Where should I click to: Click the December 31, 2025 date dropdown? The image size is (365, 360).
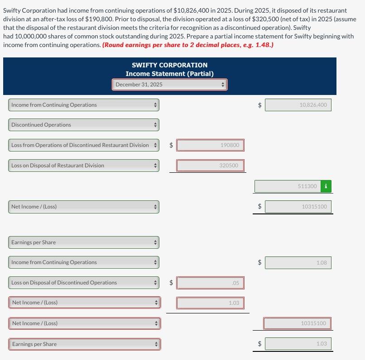point(169,85)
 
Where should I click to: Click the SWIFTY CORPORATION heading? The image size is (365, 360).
point(169,65)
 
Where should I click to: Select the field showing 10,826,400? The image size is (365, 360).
point(298,105)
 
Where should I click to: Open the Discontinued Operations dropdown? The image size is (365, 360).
point(84,125)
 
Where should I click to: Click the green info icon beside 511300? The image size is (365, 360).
point(326,186)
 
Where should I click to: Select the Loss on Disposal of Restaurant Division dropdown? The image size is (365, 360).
point(84,166)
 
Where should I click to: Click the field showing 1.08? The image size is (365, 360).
point(298,262)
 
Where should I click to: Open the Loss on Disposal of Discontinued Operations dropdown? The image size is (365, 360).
point(84,283)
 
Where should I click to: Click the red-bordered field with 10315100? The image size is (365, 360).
point(298,323)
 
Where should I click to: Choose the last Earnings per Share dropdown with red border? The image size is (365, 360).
point(84,344)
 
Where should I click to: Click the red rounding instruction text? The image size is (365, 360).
point(188,45)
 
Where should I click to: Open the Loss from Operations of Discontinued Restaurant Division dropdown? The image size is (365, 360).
point(84,145)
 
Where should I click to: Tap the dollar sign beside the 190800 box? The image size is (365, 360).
point(171,145)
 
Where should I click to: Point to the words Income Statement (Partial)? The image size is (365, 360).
point(169,74)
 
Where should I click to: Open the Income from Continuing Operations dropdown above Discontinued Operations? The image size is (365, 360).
point(84,105)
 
